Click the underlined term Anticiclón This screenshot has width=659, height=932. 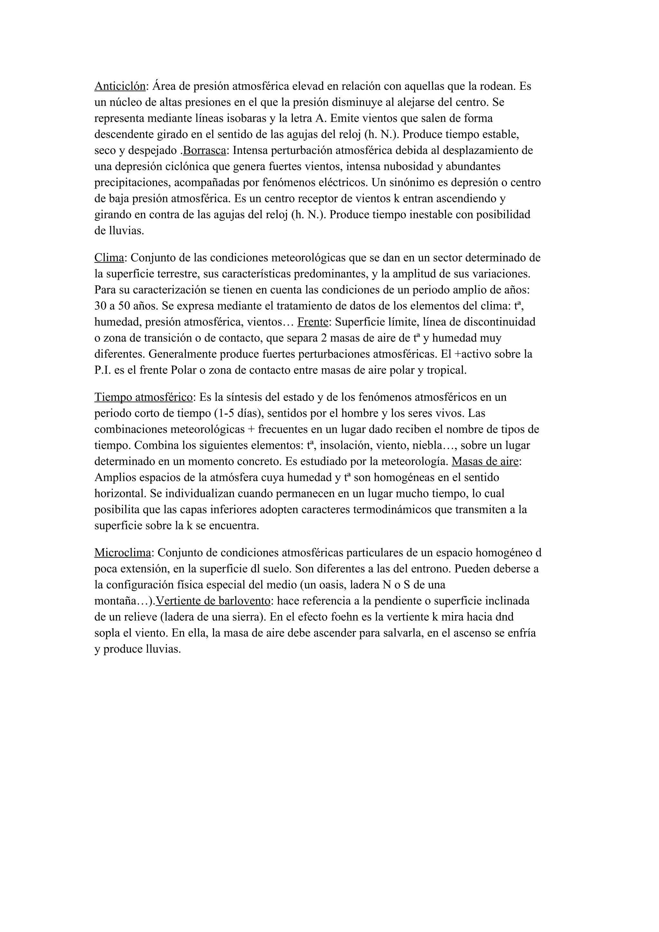[120, 87]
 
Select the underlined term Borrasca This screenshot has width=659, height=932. [204, 151]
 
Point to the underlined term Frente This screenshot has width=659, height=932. [313, 322]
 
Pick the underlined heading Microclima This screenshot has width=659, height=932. [123, 553]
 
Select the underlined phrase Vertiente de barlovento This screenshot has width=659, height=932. [213, 601]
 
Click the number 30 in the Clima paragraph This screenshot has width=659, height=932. [100, 306]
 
